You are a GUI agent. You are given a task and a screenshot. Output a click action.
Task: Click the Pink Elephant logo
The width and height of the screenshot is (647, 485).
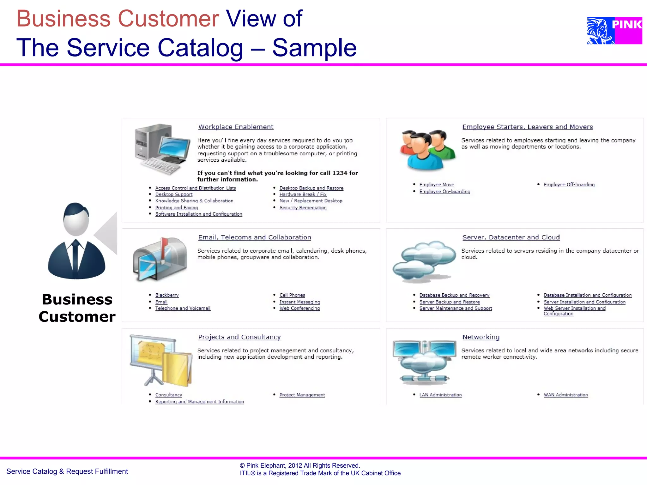(614, 31)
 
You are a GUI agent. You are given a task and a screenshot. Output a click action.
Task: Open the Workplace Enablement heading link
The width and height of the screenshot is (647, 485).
(236, 127)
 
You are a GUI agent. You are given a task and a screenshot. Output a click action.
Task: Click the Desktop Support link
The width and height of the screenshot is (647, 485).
(174, 195)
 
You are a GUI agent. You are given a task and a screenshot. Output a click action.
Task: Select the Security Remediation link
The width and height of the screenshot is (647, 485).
(303, 208)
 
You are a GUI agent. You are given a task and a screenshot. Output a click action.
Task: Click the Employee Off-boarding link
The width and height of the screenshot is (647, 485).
(569, 185)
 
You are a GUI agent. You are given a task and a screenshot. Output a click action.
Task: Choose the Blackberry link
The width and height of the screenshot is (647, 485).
(167, 295)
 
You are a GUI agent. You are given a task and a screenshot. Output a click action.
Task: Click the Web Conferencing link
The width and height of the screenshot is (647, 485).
(299, 308)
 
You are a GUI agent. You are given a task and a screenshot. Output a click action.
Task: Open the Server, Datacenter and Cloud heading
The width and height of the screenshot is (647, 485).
(511, 237)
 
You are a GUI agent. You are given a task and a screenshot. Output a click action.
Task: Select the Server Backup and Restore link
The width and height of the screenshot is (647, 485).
(449, 302)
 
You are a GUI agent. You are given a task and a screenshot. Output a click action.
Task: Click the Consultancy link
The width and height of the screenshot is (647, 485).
(169, 395)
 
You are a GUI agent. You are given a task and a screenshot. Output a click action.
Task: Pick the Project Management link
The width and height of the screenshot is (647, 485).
(302, 395)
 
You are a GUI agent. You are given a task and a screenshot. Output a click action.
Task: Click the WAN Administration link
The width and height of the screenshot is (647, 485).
(565, 395)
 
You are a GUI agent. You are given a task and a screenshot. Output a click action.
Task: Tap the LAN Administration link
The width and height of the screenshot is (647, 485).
(440, 395)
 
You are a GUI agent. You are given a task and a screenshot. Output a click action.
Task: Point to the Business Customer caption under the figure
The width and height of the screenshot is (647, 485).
(77, 308)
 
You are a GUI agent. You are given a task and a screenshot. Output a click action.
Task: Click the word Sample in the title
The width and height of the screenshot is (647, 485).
(314, 48)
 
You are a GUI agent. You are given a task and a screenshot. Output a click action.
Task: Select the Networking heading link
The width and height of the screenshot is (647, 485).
(481, 337)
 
